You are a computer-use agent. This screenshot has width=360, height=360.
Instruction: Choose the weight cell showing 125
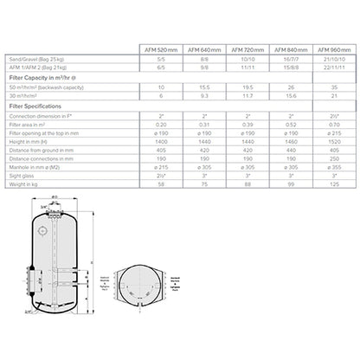coord(331,184)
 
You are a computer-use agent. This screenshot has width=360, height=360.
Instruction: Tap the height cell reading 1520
coord(331,141)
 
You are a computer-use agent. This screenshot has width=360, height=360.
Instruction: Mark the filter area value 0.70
coord(331,124)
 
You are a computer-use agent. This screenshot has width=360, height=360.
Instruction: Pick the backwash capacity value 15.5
coord(205,87)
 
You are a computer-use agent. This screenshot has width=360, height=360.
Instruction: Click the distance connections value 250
coord(331,158)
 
